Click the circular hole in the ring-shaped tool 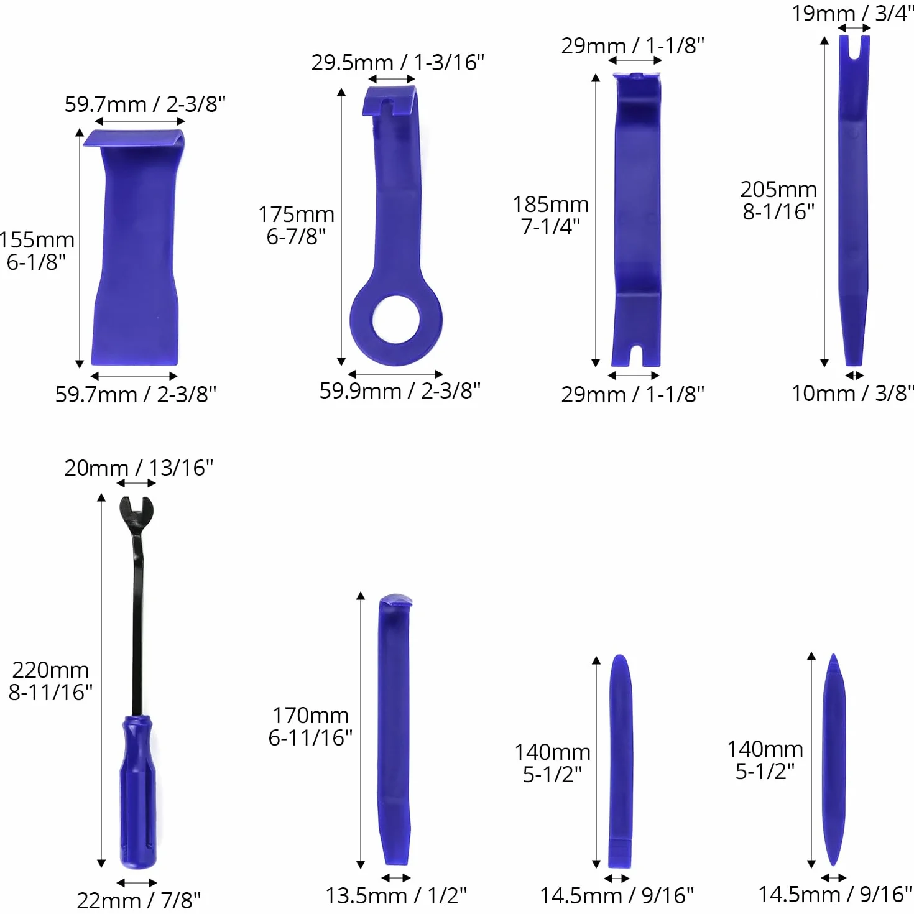click(396, 319)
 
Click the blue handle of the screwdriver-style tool click(138, 792)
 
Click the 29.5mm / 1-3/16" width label click(397, 62)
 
